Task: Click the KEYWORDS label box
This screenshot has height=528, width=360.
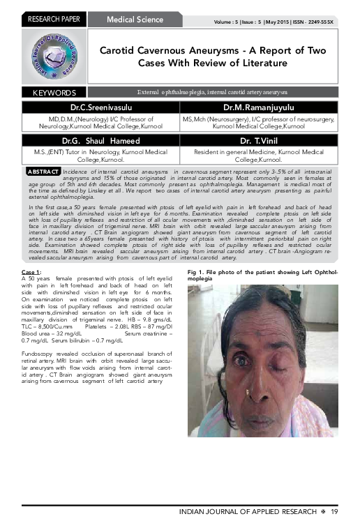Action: [54, 92]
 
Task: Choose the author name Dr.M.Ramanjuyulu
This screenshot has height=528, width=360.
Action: [259, 108]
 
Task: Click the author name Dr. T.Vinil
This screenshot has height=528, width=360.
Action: [259, 139]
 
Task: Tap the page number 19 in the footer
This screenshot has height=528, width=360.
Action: [335, 513]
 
